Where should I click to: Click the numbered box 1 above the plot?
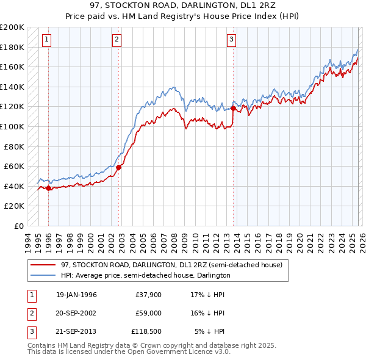point(47,40)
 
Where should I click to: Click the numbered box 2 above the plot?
point(117,40)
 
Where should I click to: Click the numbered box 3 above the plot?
point(232,40)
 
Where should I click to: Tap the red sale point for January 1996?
point(48,189)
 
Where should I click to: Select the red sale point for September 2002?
point(119,167)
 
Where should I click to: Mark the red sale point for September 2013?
point(233,109)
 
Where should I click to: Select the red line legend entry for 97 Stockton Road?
point(171,265)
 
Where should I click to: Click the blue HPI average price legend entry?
point(145,275)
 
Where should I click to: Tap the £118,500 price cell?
point(146,331)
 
